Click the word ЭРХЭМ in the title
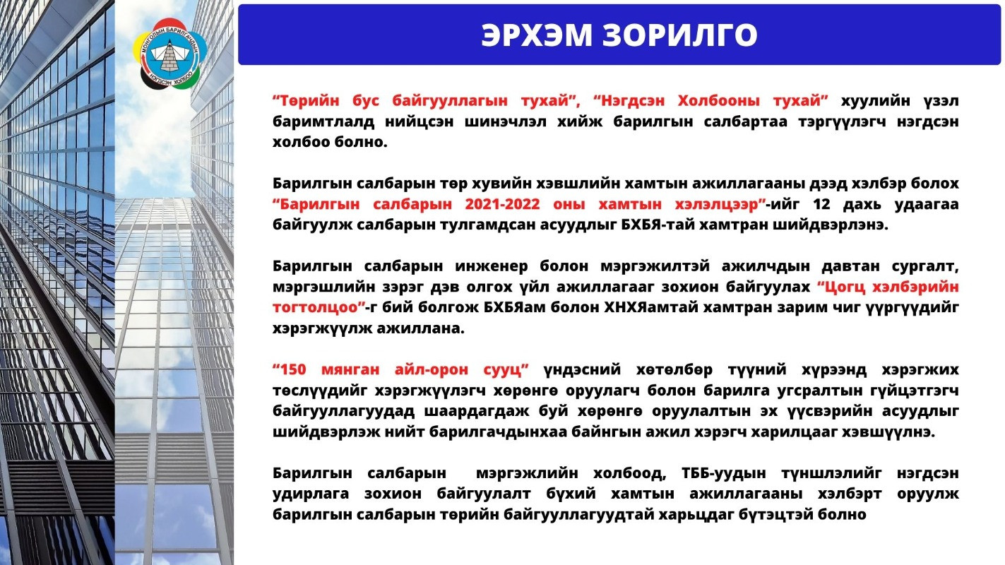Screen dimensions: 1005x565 537,35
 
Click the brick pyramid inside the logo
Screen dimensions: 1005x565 170,56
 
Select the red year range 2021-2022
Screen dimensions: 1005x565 502,204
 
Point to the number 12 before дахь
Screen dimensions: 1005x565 821,204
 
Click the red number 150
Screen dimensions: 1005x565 293,369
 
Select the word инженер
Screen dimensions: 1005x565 492,266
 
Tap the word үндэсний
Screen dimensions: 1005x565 583,369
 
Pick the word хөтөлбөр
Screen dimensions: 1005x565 674,369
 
